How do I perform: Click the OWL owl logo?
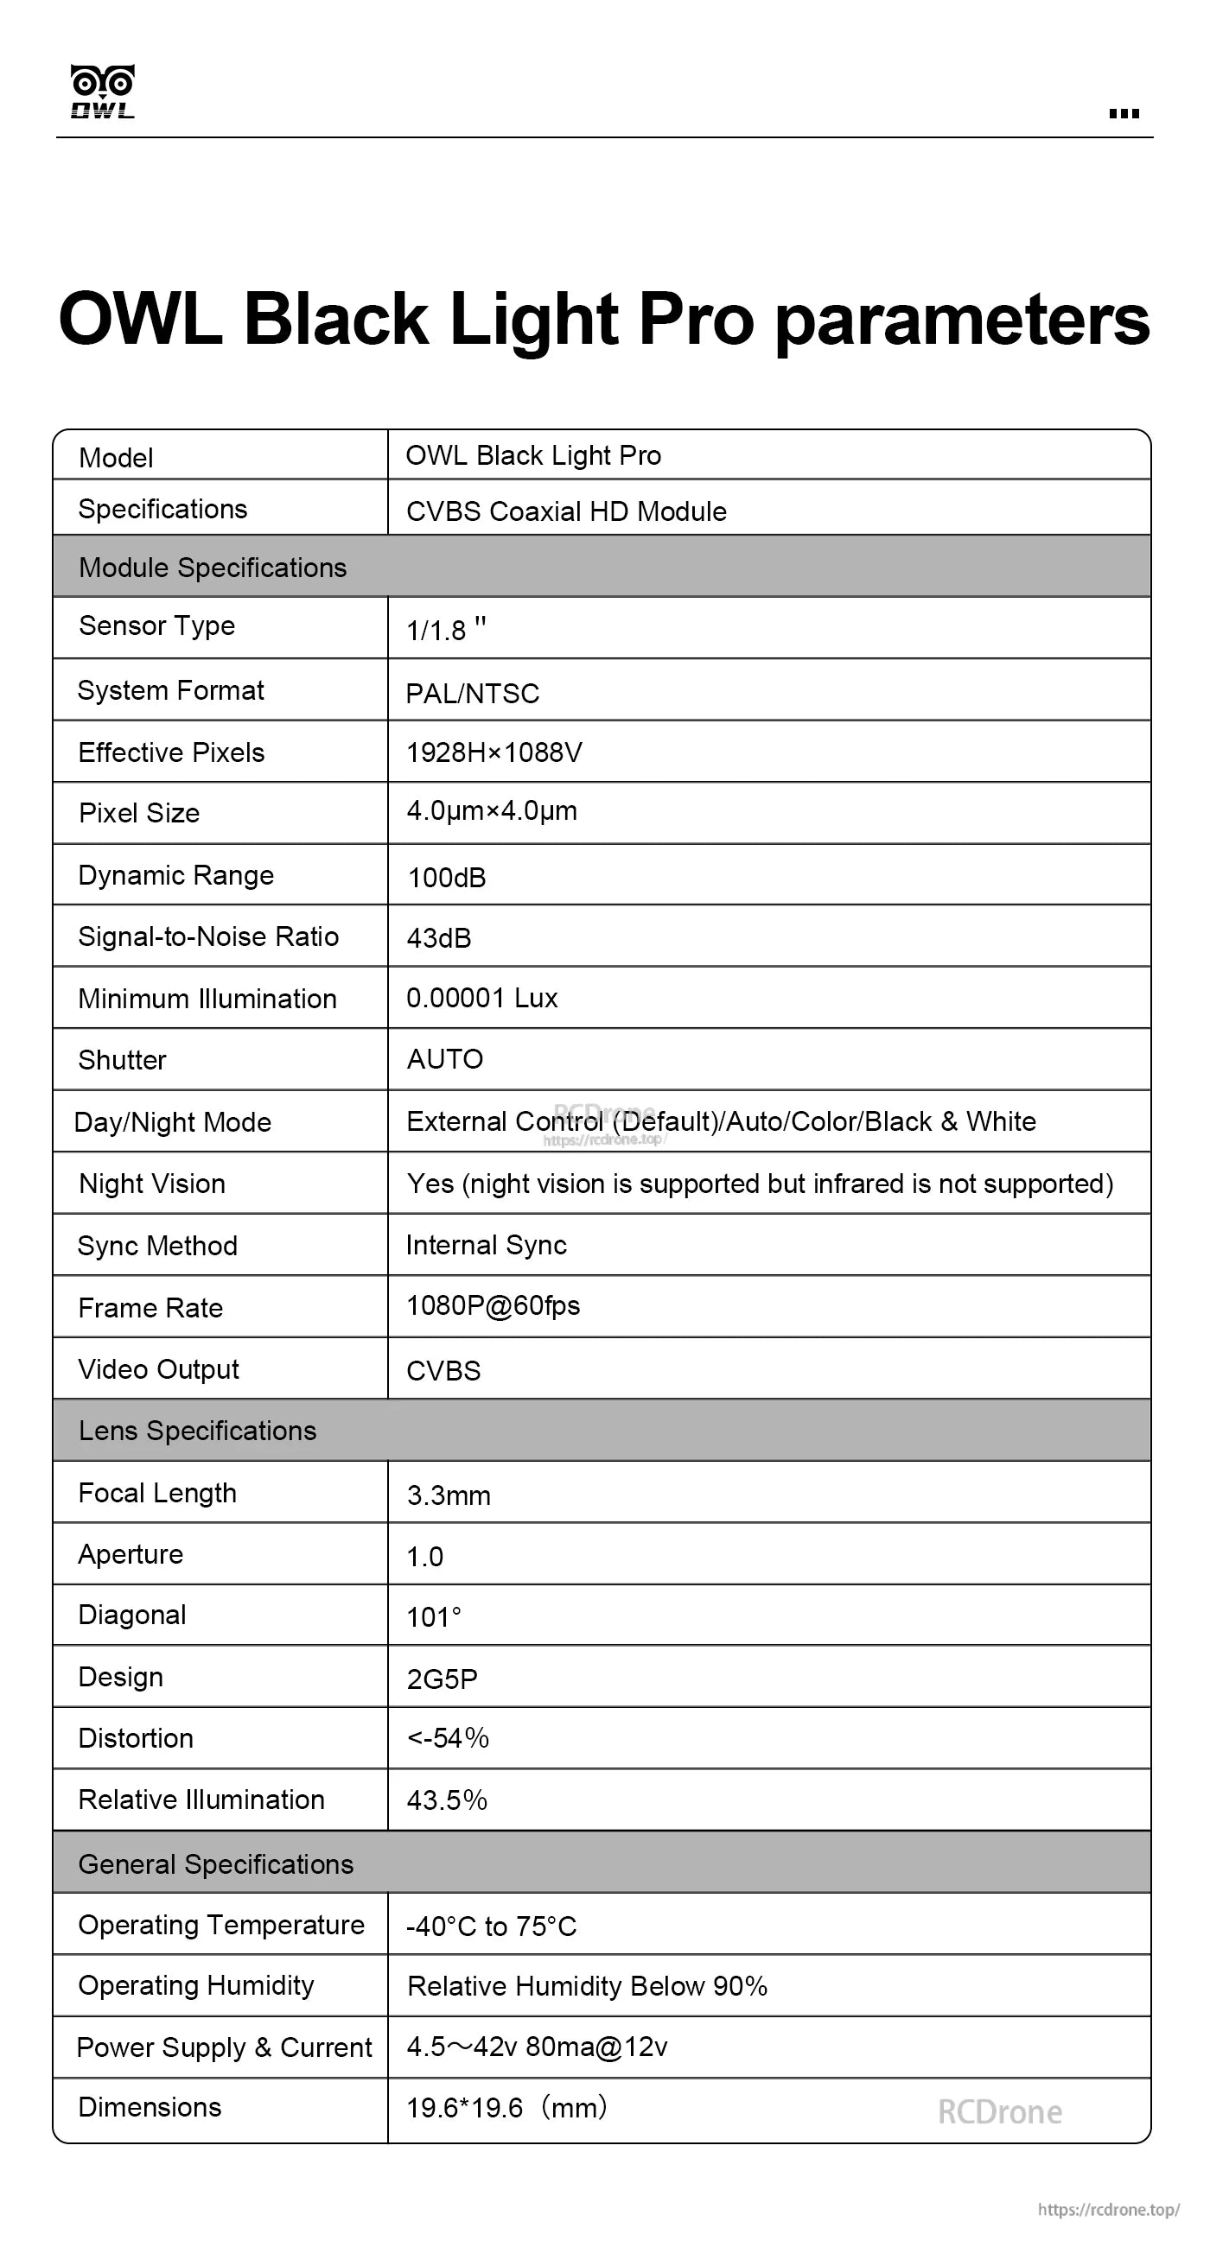(102, 91)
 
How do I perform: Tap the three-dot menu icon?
(1124, 113)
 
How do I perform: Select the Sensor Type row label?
(157, 625)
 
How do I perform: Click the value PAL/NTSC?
(473, 694)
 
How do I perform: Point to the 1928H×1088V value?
(494, 752)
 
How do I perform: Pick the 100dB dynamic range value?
(447, 878)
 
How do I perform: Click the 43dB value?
(439, 938)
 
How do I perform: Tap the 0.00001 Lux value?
(481, 998)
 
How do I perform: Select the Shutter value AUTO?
(445, 1059)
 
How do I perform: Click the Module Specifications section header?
(213, 568)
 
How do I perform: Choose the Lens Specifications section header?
(197, 1431)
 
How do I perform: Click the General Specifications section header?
(215, 1864)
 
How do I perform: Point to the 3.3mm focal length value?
(449, 1496)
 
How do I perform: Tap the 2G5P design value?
(443, 1679)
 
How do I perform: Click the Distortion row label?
(135, 1738)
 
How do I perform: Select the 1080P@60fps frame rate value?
(493, 1306)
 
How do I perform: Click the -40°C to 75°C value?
(491, 1926)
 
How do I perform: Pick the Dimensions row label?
(150, 2107)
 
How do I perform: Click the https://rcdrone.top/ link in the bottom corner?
(1108, 2210)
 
